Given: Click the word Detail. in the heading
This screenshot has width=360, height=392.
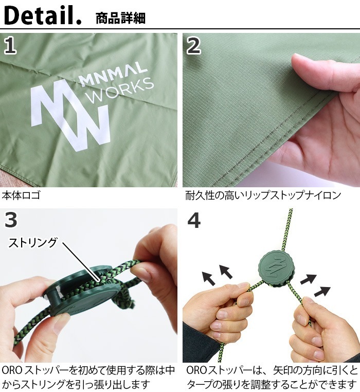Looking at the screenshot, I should tap(42, 16).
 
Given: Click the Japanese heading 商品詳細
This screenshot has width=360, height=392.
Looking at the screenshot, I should tap(120, 19).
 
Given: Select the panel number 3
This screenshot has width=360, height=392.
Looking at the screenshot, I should tap(10, 220).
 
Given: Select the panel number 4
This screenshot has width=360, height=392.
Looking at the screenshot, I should tap(194, 220).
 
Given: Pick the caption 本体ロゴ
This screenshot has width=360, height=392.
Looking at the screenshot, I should tap(21, 195).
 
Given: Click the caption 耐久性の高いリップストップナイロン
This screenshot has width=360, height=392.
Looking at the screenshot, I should tap(263, 195).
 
